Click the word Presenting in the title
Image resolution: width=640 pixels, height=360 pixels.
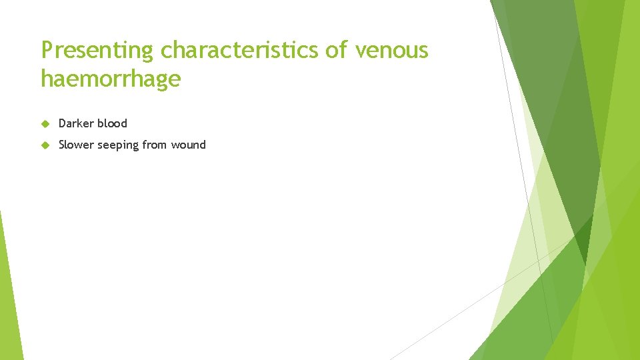point(99,50)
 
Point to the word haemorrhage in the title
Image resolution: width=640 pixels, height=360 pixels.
point(111,79)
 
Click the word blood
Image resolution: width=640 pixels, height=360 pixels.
point(112,123)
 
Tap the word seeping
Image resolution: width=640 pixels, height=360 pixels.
point(118,145)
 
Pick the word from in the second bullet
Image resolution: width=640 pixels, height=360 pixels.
point(155,145)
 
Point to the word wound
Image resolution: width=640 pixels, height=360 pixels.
point(189,145)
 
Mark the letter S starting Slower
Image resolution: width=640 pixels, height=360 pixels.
point(62,145)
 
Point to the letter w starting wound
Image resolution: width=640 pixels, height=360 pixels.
point(175,145)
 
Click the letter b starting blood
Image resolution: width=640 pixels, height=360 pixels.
point(100,123)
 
